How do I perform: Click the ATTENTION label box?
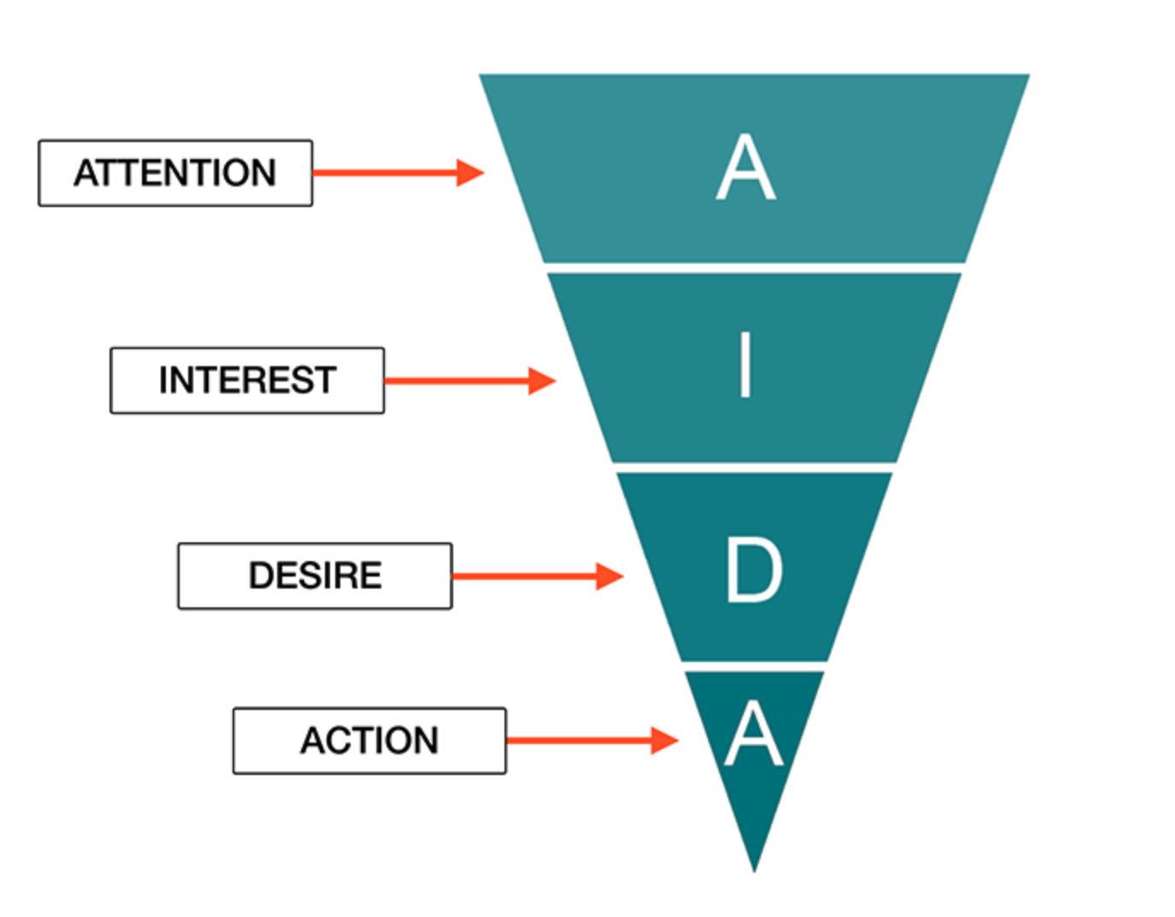(x=175, y=173)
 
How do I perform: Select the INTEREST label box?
(x=247, y=381)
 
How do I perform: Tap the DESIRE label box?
(x=316, y=577)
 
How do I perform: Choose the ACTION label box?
(x=369, y=741)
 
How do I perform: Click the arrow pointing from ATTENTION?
(x=399, y=173)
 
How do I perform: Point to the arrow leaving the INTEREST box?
(x=470, y=382)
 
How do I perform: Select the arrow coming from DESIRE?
(x=539, y=577)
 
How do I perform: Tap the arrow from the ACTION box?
(x=593, y=741)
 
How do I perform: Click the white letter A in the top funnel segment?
(x=747, y=167)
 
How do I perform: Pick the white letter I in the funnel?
(x=746, y=365)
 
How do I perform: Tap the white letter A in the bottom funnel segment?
(x=753, y=734)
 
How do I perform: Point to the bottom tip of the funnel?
(x=754, y=872)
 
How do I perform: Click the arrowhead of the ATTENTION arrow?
(x=470, y=173)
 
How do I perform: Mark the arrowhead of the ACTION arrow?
(x=665, y=741)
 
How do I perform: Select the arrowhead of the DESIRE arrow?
(x=611, y=577)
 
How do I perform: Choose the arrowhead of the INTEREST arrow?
(x=542, y=382)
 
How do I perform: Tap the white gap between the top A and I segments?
(x=754, y=269)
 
